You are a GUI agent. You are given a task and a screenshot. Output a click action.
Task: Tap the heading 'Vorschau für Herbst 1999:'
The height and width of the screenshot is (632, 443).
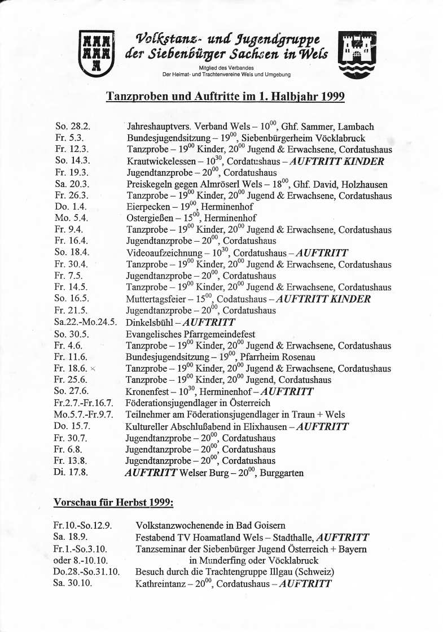click(x=113, y=502)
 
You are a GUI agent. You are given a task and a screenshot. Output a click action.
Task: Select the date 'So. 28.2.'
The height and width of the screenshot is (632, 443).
click(x=72, y=127)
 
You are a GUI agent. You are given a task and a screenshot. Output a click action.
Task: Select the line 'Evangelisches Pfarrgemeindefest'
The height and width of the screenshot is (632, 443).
click(x=190, y=334)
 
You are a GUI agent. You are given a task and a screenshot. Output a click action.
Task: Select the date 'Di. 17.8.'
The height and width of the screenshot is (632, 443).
click(x=71, y=472)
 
